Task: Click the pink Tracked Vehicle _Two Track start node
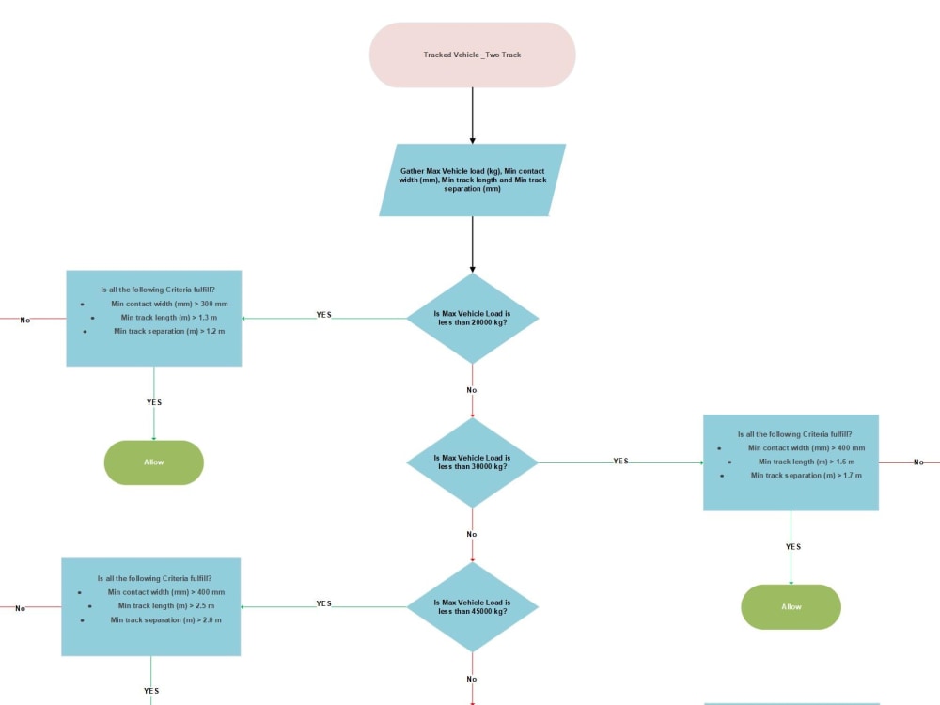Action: point(473,55)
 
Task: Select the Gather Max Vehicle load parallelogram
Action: point(473,180)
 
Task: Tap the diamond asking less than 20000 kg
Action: point(473,319)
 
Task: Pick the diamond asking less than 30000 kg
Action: point(473,462)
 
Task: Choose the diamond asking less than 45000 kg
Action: point(473,606)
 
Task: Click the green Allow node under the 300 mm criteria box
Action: point(154,462)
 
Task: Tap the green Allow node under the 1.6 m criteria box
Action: point(791,606)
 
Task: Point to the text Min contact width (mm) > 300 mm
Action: point(169,304)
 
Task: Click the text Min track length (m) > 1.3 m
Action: point(169,318)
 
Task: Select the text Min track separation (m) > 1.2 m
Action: point(169,332)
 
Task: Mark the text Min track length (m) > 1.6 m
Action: point(807,462)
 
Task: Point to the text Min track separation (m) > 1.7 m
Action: point(807,476)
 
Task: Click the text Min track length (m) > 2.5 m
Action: point(166,606)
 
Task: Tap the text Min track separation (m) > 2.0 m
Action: point(166,619)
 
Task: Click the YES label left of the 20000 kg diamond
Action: point(323,315)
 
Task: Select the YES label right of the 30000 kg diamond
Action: point(621,461)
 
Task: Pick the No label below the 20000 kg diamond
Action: point(472,390)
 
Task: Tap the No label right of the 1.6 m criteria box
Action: point(918,462)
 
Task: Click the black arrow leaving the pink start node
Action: point(473,116)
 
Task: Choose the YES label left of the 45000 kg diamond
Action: point(323,603)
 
